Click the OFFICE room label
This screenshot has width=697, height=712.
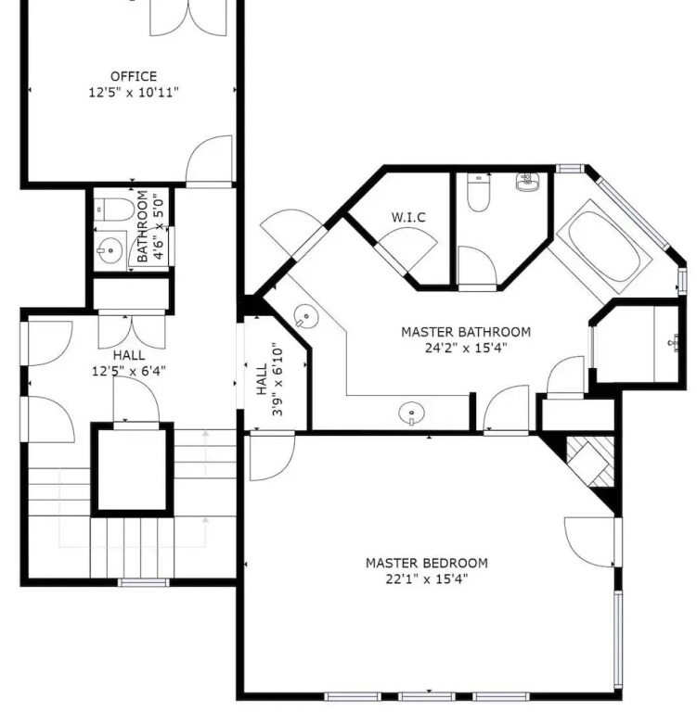pyautogui.click(x=134, y=76)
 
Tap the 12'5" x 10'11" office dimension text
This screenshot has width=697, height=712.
pyautogui.click(x=134, y=93)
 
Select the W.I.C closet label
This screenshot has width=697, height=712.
pyautogui.click(x=408, y=218)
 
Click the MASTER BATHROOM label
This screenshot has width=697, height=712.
pyautogui.click(x=466, y=332)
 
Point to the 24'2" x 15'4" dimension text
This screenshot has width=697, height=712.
pyautogui.click(x=466, y=349)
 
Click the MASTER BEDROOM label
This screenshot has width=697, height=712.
pyautogui.click(x=427, y=563)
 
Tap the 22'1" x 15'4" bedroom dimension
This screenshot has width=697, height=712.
pyautogui.click(x=427, y=579)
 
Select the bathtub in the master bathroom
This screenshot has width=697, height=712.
pyautogui.click(x=604, y=247)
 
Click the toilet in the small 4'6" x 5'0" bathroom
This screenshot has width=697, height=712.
pyautogui.click(x=114, y=210)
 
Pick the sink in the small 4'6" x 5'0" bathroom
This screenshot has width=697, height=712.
pyautogui.click(x=110, y=250)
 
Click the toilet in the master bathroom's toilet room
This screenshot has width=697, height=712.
pyautogui.click(x=478, y=193)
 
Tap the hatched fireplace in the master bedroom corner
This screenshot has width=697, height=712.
pyautogui.click(x=590, y=462)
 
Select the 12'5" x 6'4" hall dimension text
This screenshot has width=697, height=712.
pyautogui.click(x=129, y=372)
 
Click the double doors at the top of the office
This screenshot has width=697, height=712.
pyautogui.click(x=188, y=19)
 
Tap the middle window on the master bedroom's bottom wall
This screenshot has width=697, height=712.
pyautogui.click(x=427, y=696)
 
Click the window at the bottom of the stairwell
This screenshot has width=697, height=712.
pyautogui.click(x=144, y=582)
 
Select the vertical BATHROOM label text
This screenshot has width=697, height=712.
pyautogui.click(x=142, y=226)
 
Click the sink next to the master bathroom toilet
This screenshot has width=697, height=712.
pyautogui.click(x=527, y=182)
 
